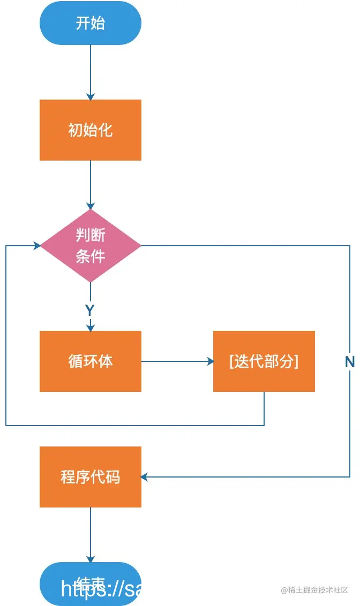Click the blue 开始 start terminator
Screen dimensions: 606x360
coord(90,24)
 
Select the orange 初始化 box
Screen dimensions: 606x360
coord(90,130)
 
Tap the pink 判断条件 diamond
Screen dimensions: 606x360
coord(90,246)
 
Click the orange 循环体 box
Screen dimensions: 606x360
coord(90,361)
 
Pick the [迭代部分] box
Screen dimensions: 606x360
coord(264,361)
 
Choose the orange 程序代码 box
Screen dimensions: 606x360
coord(90,477)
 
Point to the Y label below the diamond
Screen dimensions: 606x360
coord(90,310)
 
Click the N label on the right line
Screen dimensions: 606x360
coord(349,362)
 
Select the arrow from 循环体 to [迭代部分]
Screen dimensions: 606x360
coord(177,361)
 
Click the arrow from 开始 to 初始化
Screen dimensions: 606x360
coord(90,72)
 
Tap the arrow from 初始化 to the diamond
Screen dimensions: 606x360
coord(90,185)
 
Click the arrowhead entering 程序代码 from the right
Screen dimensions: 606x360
coord(145,477)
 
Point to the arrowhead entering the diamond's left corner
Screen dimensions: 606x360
coord(37,246)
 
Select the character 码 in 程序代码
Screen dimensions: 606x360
coord(113,477)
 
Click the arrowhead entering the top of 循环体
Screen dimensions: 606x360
coord(90,327)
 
